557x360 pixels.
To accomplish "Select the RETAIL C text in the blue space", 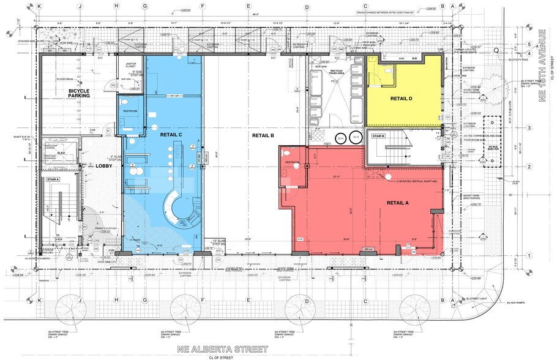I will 171,135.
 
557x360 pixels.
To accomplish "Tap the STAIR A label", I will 52,180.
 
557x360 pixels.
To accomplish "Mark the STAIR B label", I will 378,136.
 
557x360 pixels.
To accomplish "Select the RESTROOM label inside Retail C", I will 130,111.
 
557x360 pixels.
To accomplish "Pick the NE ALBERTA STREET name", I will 222,349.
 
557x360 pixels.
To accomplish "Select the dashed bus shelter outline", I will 492,141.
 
